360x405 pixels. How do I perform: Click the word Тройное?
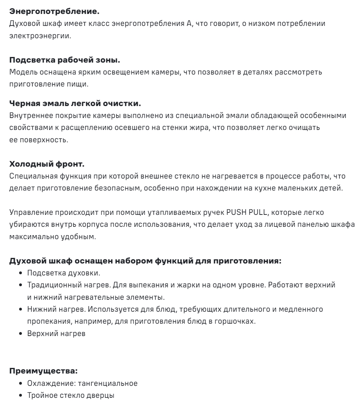pyautogui.click(x=41, y=396)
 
